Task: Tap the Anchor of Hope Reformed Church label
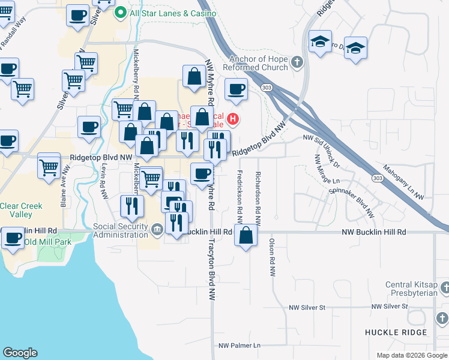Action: (258, 62)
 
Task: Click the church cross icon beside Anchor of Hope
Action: (296, 62)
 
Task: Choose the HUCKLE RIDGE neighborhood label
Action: (396, 332)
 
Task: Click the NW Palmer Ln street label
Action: (240, 346)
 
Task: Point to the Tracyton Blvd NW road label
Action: (211, 270)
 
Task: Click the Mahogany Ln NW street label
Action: (403, 182)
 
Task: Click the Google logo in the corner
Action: (20, 353)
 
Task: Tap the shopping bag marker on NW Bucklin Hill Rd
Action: (247, 235)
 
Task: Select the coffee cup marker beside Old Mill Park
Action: (12, 238)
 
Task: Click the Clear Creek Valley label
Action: (21, 210)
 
